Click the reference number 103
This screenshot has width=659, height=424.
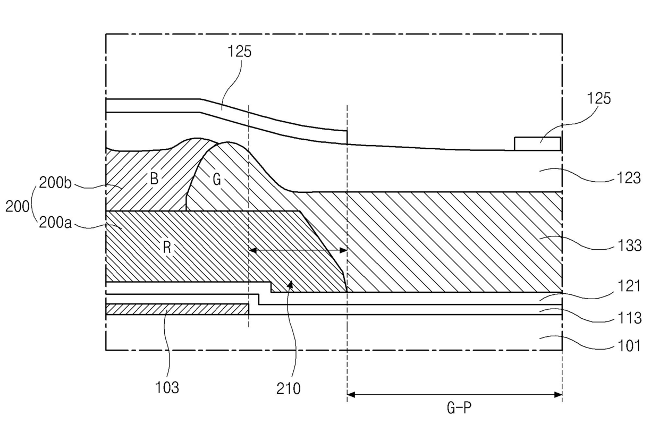[x=167, y=388]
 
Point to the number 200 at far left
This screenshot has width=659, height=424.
[x=17, y=206]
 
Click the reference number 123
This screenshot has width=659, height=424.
[x=629, y=178]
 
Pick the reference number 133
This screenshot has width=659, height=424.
[x=629, y=245]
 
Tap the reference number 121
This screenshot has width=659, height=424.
[x=629, y=286]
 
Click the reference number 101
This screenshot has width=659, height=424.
[x=629, y=346]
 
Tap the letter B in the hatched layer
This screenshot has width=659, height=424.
[x=154, y=179]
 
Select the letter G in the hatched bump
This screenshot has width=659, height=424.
[x=216, y=180]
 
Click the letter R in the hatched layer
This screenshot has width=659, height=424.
[x=167, y=248]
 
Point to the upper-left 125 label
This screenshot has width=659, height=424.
[x=239, y=52]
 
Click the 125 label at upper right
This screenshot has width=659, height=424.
[x=598, y=98]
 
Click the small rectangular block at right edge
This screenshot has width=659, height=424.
[x=537, y=143]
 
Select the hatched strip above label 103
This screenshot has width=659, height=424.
[x=178, y=309]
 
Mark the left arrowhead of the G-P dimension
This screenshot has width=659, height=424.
[x=349, y=395]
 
